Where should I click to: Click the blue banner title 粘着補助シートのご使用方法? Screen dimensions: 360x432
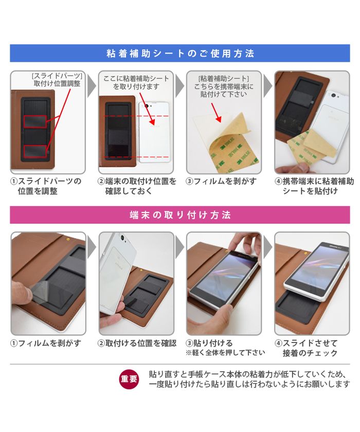[180, 53]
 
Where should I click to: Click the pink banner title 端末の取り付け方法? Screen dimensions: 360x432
[180, 215]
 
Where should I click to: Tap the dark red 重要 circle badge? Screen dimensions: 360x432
[129, 379]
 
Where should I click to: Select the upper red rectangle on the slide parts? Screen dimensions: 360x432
[35, 122]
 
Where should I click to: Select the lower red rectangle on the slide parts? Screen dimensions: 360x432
[35, 152]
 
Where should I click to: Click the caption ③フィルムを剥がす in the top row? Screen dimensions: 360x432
[221, 181]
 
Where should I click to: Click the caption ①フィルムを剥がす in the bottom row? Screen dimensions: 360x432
[46, 343]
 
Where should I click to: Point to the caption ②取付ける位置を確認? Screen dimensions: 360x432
[137, 343]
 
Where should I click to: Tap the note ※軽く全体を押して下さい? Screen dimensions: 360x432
[225, 353]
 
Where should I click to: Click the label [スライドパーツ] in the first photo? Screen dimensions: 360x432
[57, 76]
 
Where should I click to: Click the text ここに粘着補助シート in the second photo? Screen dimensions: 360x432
[136, 79]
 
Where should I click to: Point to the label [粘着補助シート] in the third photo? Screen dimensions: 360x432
[223, 79]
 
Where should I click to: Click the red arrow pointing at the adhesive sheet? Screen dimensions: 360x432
[217, 113]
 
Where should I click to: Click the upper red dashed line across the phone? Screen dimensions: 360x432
[136, 116]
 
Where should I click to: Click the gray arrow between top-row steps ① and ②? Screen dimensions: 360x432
[92, 86]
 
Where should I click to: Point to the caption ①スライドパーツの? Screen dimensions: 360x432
[46, 181]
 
